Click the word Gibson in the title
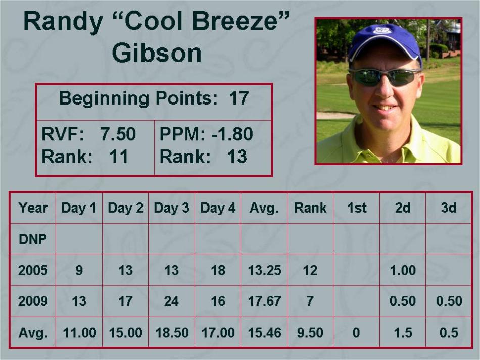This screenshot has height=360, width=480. click(157, 53)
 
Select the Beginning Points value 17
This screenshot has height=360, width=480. click(238, 98)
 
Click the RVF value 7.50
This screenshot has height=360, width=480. click(118, 134)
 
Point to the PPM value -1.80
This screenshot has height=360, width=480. click(232, 134)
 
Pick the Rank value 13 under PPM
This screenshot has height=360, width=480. click(236, 157)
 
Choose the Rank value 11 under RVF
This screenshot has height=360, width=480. click(118, 157)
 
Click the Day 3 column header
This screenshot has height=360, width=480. click(171, 208)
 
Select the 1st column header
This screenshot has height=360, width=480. click(357, 208)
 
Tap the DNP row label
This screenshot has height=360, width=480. click(33, 239)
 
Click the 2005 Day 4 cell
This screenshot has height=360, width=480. click(218, 270)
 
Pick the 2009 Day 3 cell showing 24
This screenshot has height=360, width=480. click(171, 301)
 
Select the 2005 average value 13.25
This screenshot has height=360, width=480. click(264, 270)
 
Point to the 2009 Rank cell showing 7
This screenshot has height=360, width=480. click(310, 301)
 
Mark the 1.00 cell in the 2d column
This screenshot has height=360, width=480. click(403, 270)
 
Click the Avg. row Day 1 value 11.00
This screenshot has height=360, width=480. click(80, 332)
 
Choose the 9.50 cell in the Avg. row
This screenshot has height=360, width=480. click(310, 332)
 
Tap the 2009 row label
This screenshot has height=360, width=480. click(33, 301)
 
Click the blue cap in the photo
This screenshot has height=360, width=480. click(385, 41)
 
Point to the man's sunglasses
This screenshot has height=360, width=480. click(386, 76)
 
